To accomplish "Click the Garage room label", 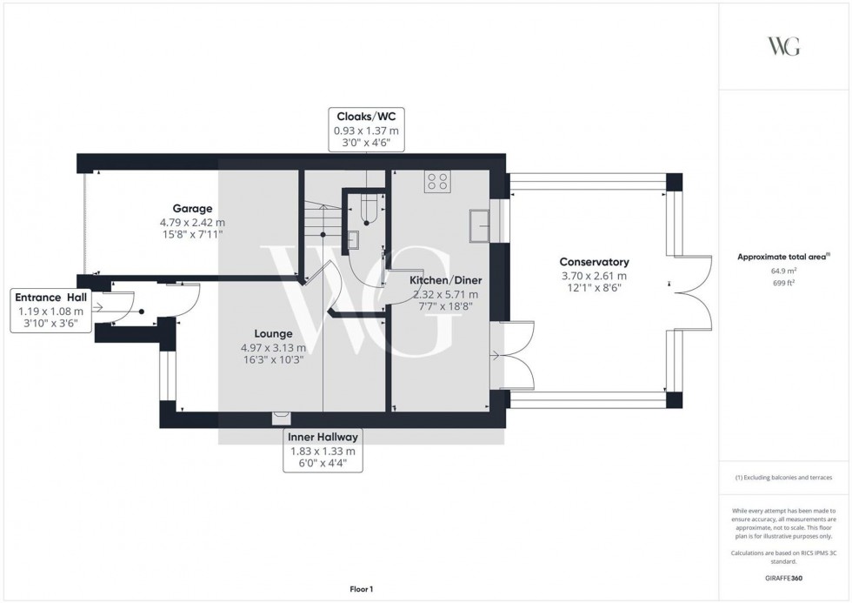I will click(192, 209).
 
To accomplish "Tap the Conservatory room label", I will click(594, 262).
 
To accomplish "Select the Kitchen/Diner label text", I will click(446, 281).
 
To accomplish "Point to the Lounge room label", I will click(273, 333).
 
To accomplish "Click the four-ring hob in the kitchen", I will click(437, 181).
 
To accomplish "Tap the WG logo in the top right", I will click(784, 45).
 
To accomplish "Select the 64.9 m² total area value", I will click(784, 271).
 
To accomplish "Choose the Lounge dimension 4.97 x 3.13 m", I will click(273, 348).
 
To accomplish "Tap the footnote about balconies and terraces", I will click(784, 478).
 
